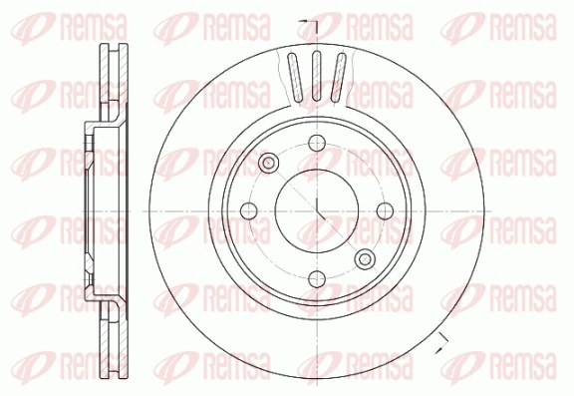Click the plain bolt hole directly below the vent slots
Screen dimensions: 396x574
[316, 141]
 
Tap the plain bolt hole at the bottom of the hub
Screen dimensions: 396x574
[316, 278]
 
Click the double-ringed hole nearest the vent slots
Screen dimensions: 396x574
[267, 162]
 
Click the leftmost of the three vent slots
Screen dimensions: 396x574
[294, 77]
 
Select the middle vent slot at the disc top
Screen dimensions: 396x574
[317, 75]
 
